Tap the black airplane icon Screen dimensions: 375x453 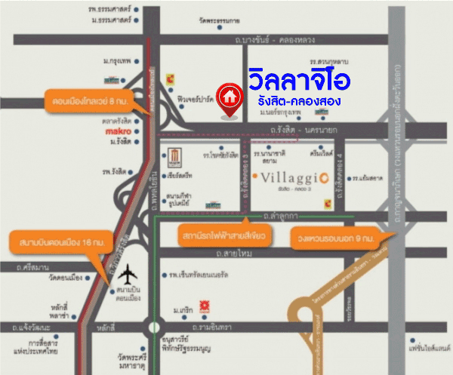coord(130,275)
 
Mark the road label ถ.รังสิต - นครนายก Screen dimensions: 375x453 coord(302,132)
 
